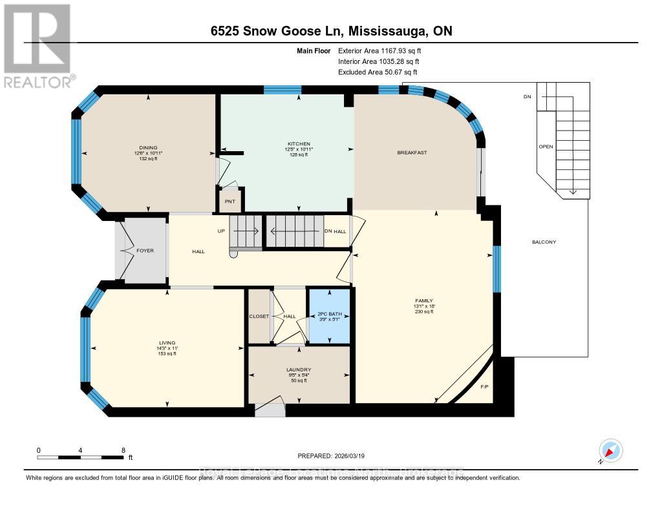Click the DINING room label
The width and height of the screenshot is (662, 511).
pyautogui.click(x=147, y=147)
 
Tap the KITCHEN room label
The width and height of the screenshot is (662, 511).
pyautogui.click(x=299, y=143)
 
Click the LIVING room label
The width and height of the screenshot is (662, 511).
pyautogui.click(x=167, y=342)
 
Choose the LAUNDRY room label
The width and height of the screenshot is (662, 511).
pyautogui.click(x=299, y=370)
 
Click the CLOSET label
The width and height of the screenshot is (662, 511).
pyautogui.click(x=259, y=317)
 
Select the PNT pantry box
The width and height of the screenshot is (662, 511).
pyautogui.click(x=230, y=200)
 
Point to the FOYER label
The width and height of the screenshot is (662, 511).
pyautogui.click(x=145, y=251)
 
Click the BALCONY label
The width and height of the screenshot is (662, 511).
pyautogui.click(x=544, y=242)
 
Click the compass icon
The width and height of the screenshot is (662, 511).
pyautogui.click(x=610, y=450)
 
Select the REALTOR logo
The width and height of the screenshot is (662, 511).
pyautogui.click(x=37, y=45)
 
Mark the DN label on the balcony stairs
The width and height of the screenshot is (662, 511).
pyautogui.click(x=528, y=97)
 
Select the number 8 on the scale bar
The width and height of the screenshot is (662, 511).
pyautogui.click(x=122, y=450)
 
